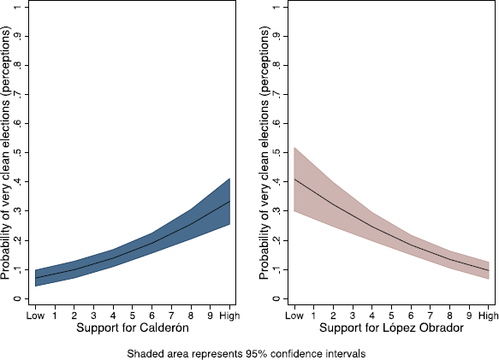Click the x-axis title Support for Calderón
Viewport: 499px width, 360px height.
133,328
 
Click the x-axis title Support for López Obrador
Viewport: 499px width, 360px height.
391,328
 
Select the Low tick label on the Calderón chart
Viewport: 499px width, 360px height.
35,316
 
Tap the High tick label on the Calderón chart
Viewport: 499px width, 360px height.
229,316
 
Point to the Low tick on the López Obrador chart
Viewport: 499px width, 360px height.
294,316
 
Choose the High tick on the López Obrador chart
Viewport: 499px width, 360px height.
489,316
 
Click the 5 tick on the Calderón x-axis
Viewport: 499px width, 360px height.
133,316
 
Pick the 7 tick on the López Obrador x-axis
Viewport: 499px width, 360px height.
431,316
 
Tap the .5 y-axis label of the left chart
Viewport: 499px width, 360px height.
18,153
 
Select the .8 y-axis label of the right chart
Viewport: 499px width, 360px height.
277,65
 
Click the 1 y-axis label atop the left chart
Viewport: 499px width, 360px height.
18,7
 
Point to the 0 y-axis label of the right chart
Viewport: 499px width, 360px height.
277,298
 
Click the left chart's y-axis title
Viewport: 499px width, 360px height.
6,153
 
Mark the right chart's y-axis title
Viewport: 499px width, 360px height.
264,153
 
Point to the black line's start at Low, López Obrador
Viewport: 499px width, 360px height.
294,180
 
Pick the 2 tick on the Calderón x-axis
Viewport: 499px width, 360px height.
74,316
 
